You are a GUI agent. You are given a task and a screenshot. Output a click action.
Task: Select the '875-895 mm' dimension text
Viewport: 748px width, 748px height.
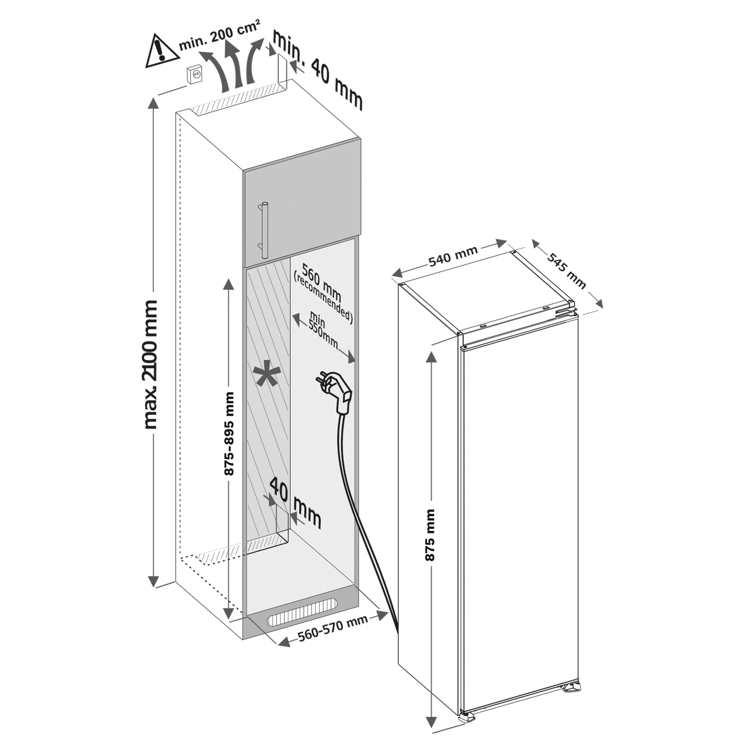click(229, 434)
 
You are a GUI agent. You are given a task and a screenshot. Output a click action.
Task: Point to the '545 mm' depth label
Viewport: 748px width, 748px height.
click(567, 270)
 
